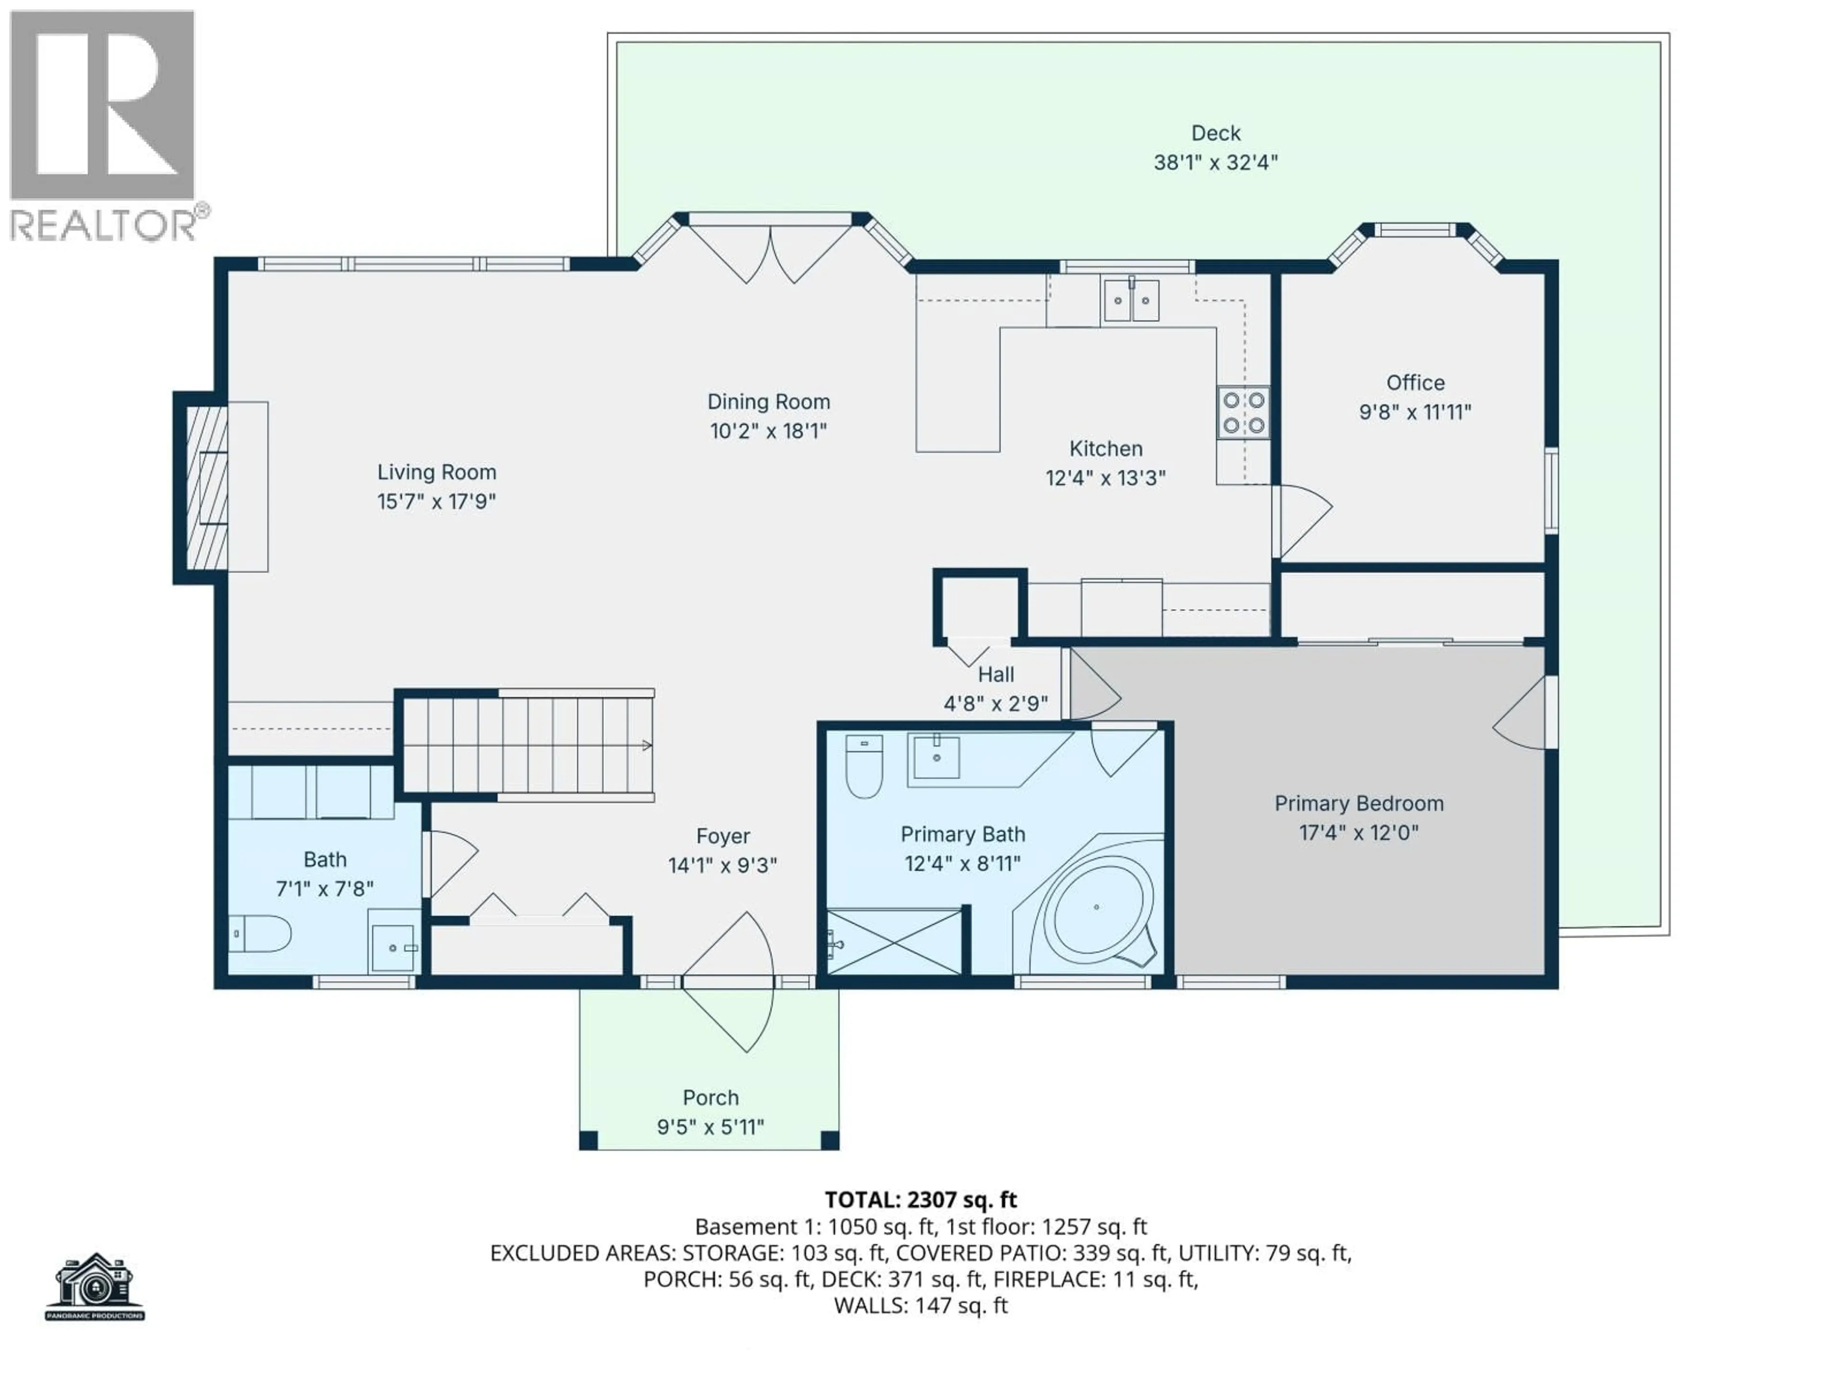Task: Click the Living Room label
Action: [437, 472]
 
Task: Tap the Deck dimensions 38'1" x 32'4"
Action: [1215, 163]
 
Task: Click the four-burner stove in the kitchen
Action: [1243, 412]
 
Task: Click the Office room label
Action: [1415, 383]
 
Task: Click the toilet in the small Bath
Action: [260, 934]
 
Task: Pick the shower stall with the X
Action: [894, 942]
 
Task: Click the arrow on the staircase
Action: [646, 746]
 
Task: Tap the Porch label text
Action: [710, 1098]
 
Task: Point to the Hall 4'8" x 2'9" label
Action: [995, 689]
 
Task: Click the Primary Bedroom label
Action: [1358, 804]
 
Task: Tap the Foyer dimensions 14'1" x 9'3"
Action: [722, 866]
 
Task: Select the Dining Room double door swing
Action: [770, 254]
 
